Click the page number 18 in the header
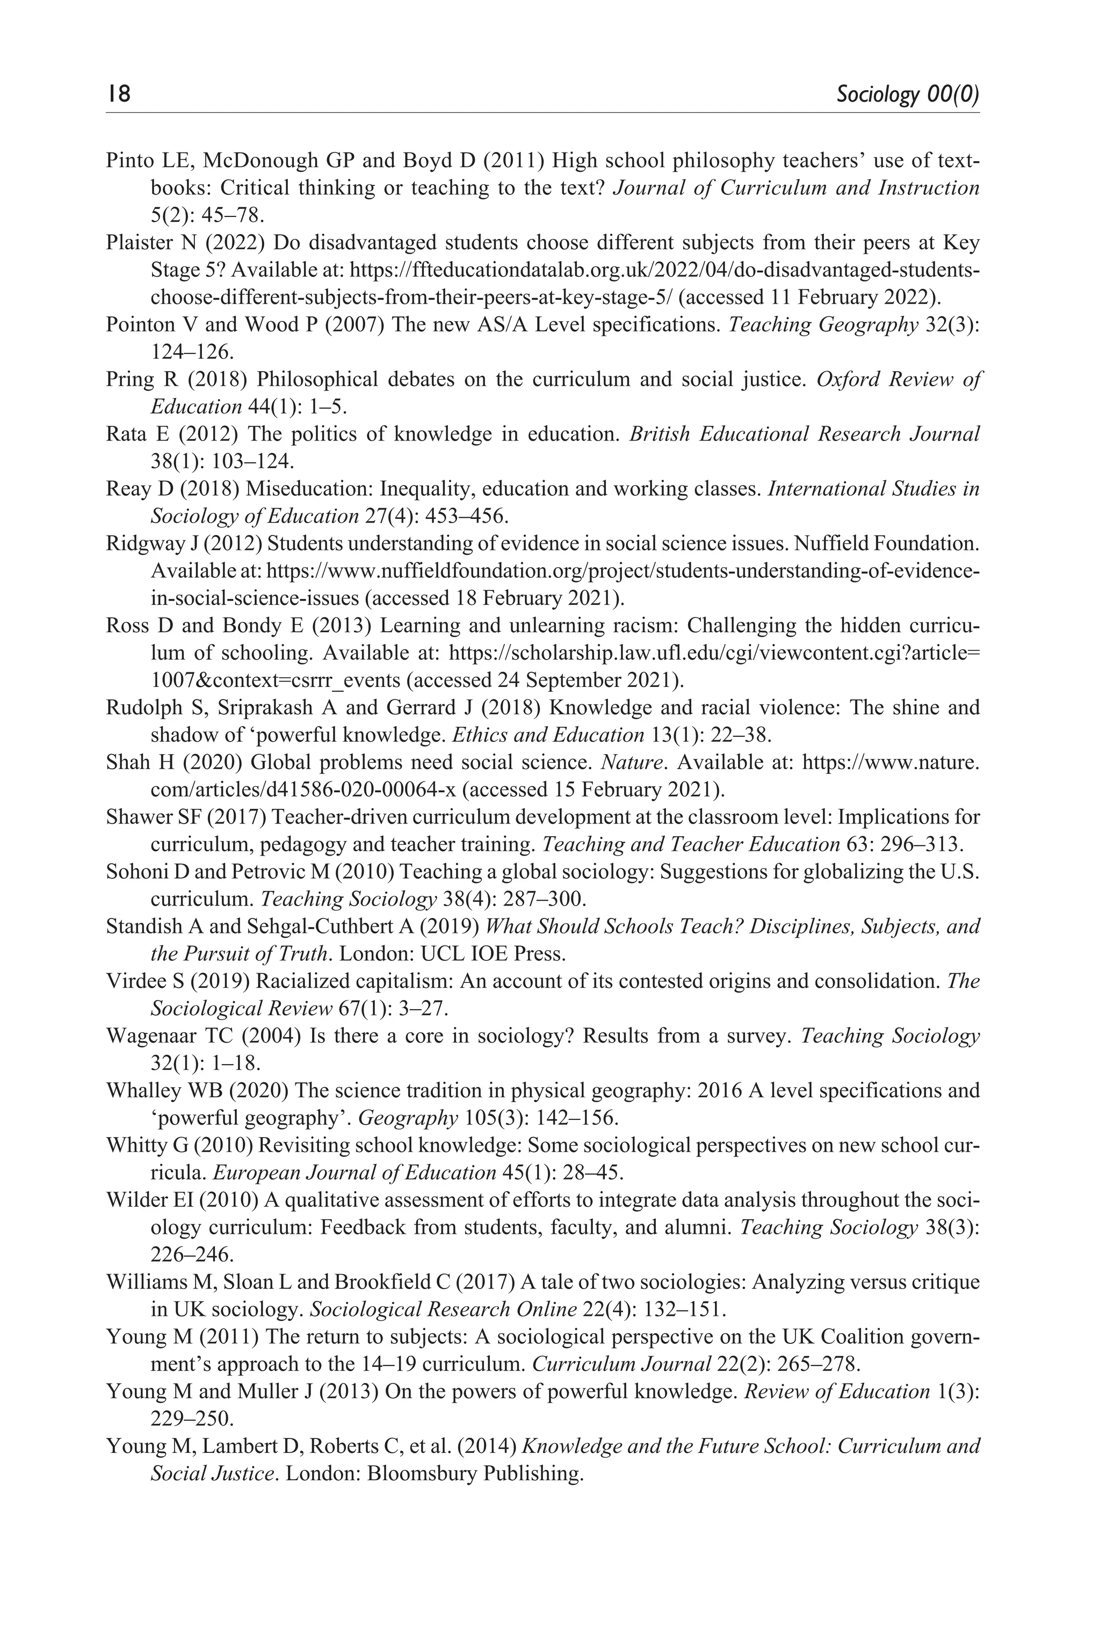119,93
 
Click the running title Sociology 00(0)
908,94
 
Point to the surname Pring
131,380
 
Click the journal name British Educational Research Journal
804,434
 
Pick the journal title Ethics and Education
547,735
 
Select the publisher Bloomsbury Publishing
476,1474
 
